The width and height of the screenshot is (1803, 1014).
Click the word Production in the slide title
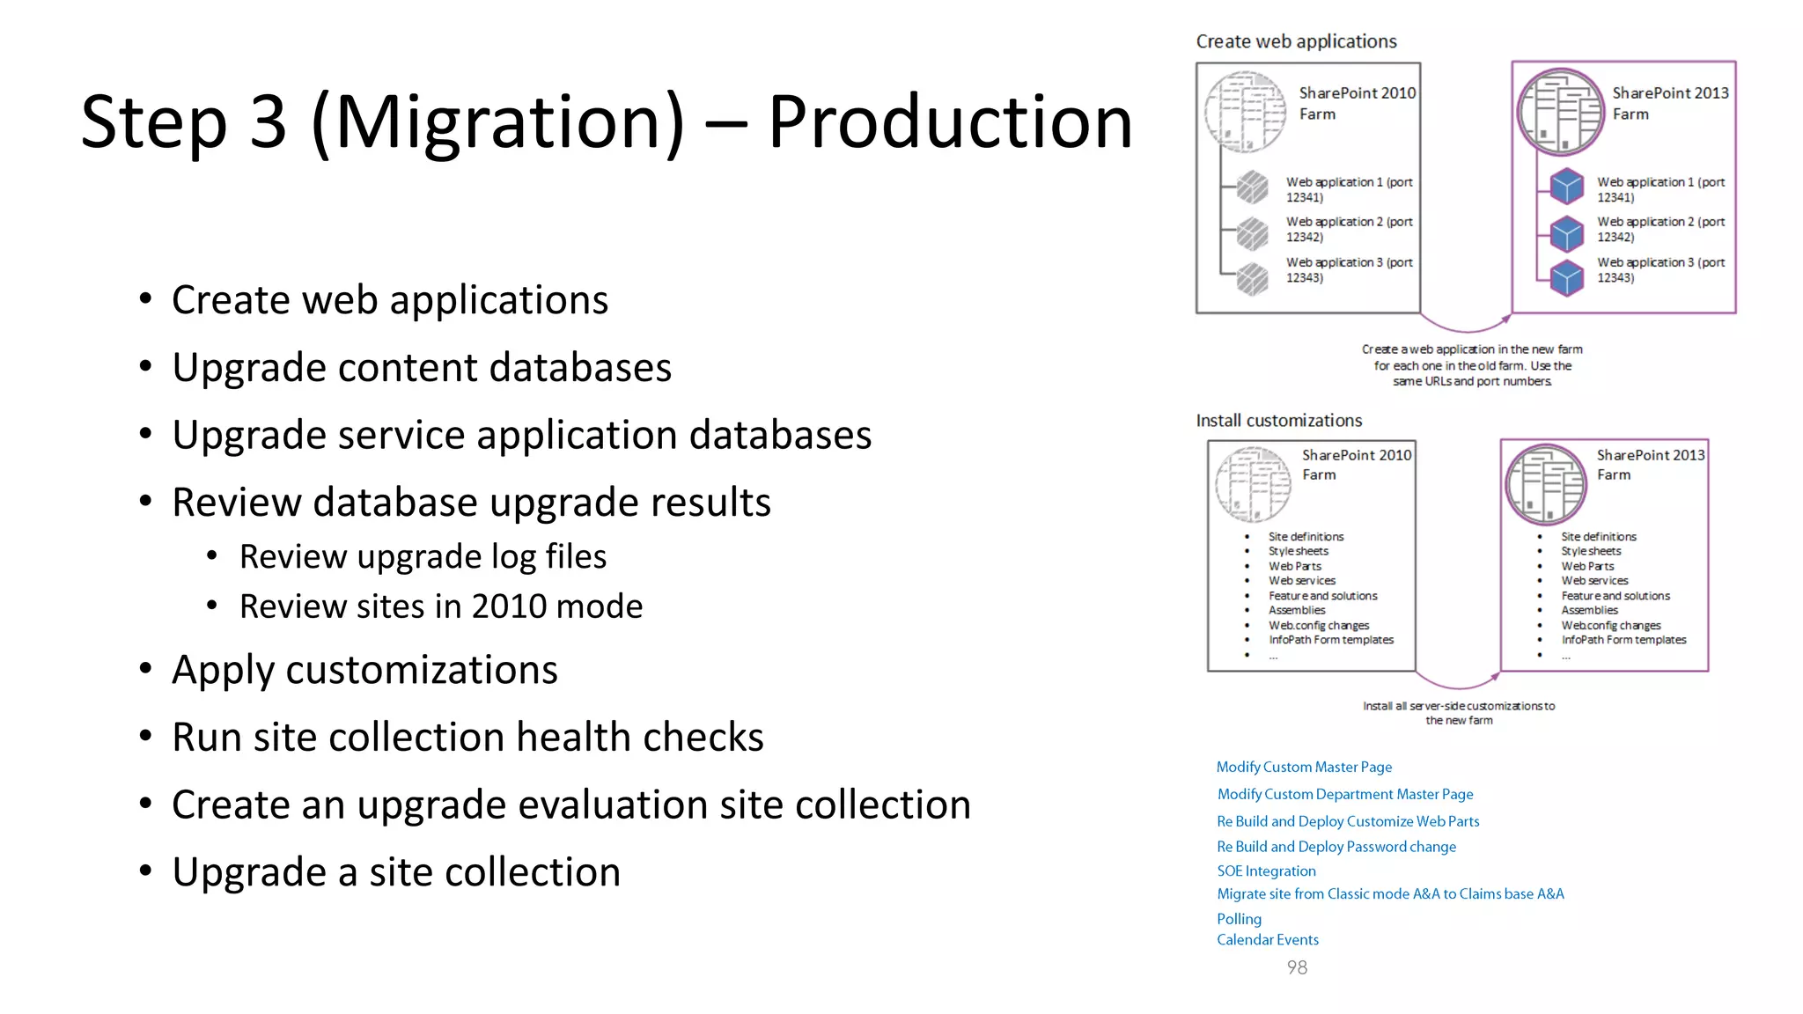(949, 122)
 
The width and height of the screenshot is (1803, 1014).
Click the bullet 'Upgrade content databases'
(421, 368)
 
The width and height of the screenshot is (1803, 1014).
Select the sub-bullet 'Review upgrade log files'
(423, 557)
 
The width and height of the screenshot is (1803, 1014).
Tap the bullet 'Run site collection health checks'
(467, 738)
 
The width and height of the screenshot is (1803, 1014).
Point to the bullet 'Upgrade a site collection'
(396, 872)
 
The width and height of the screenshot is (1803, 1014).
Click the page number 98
(1297, 967)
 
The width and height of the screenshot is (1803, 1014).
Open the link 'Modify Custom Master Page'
(1304, 768)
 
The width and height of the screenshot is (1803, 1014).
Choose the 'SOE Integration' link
(1266, 871)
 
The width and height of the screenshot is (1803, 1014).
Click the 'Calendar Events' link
(1268, 940)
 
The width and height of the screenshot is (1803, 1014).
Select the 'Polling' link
(1239, 919)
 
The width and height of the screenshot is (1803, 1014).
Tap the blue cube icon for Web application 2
(1567, 233)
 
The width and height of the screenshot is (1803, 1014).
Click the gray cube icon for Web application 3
(1252, 279)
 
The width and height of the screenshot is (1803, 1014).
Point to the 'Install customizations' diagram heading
(1278, 421)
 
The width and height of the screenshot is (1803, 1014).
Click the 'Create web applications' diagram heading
(1296, 41)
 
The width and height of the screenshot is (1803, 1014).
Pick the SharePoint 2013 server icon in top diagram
(1560, 112)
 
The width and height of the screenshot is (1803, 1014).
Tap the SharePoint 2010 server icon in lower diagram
(1252, 484)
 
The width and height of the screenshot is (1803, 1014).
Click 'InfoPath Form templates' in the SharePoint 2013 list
(1623, 640)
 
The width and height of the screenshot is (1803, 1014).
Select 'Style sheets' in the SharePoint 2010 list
(1298, 551)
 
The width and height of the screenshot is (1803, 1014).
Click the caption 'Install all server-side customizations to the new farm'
(1459, 713)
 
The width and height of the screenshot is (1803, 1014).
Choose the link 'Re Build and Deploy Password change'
(1336, 847)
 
